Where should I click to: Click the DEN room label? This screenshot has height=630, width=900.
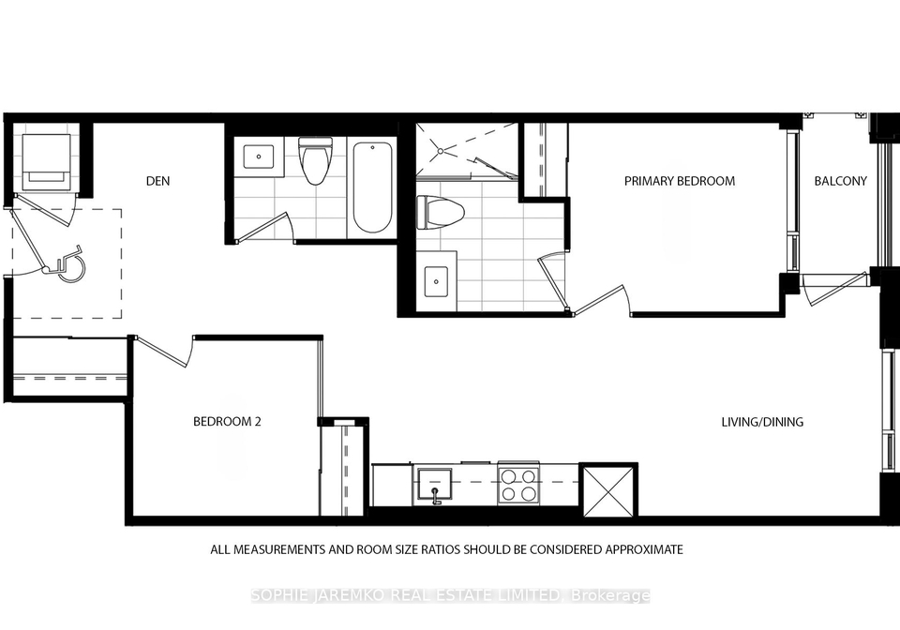[x=157, y=181]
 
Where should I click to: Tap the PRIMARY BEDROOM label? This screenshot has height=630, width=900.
[x=680, y=181]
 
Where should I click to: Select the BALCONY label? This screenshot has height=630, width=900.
[x=840, y=181]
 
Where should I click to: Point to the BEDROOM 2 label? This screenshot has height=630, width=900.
[x=227, y=421]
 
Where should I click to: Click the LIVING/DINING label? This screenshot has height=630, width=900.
[x=762, y=422]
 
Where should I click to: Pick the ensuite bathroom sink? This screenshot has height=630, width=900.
[x=436, y=281]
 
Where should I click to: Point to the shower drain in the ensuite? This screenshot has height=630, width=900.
[x=441, y=151]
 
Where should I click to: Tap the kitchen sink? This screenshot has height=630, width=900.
[x=434, y=486]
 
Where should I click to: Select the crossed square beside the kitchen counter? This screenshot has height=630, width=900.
[x=608, y=491]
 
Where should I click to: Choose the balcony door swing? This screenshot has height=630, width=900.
[x=835, y=290]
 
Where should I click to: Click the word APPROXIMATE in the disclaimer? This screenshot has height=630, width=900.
[x=644, y=549]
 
